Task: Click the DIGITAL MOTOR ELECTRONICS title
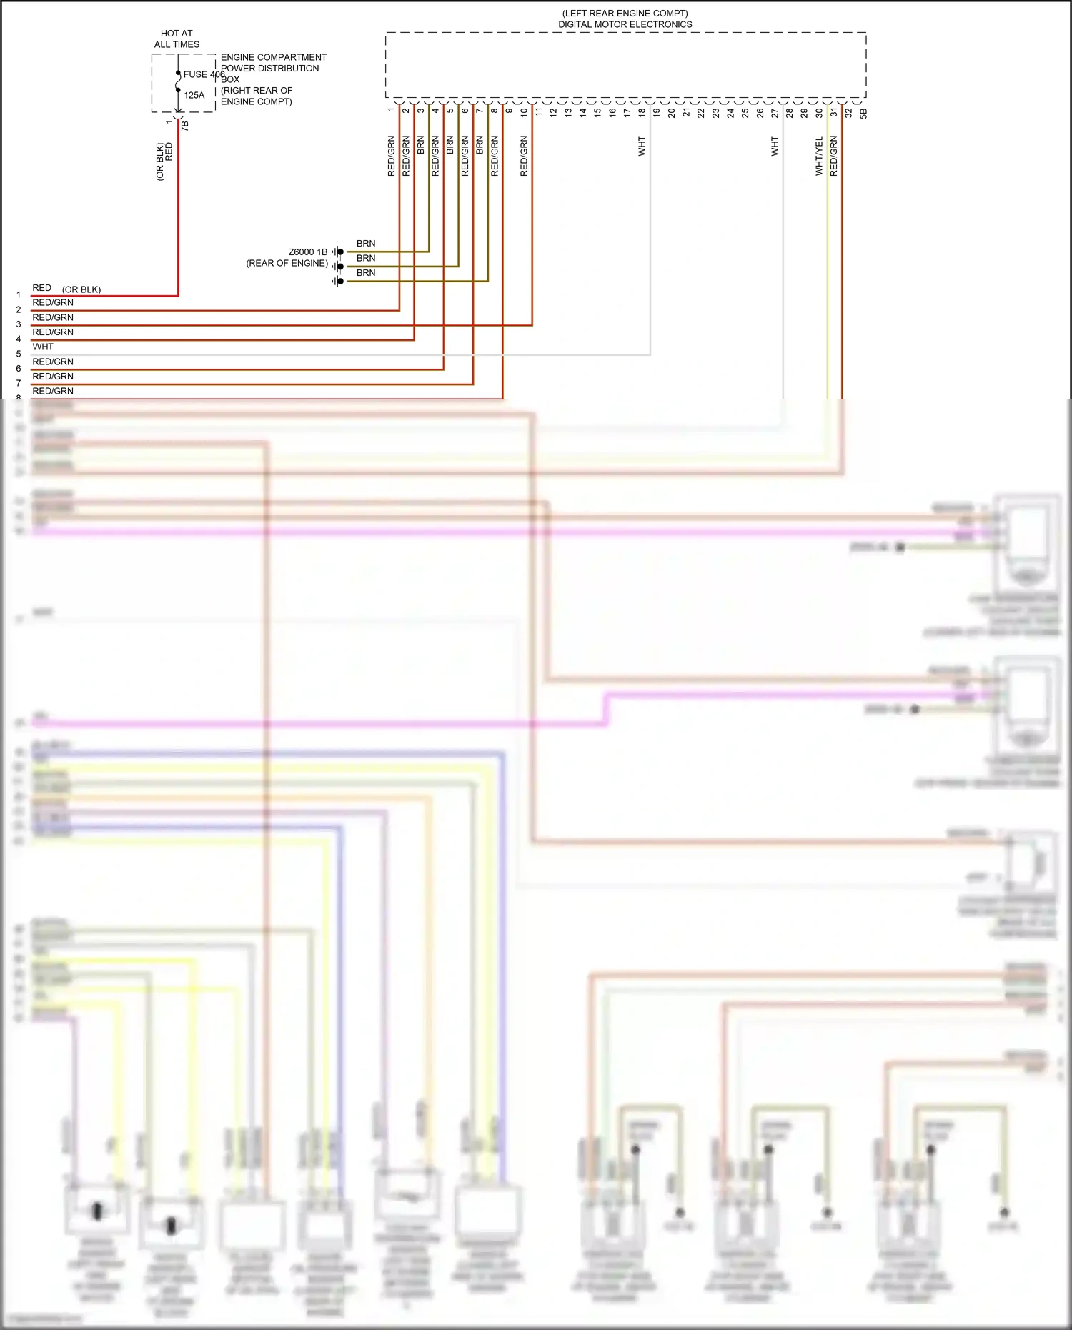(625, 24)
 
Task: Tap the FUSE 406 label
(204, 74)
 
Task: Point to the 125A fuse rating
(194, 95)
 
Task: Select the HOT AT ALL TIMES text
(177, 39)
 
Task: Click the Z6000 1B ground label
(308, 252)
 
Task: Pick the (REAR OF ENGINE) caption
(287, 264)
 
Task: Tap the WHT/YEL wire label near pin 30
(819, 156)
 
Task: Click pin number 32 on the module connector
(848, 112)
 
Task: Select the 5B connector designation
(863, 113)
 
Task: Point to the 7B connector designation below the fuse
(184, 125)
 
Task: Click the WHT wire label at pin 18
(642, 147)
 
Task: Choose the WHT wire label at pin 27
(775, 147)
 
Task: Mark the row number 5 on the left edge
(19, 354)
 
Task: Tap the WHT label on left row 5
(43, 347)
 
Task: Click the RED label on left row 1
(41, 288)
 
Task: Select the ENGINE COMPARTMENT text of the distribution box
(273, 57)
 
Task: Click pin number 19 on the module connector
(656, 112)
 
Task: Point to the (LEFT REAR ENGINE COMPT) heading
(625, 14)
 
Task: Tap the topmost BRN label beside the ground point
(366, 244)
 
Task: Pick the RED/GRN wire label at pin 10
(524, 156)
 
